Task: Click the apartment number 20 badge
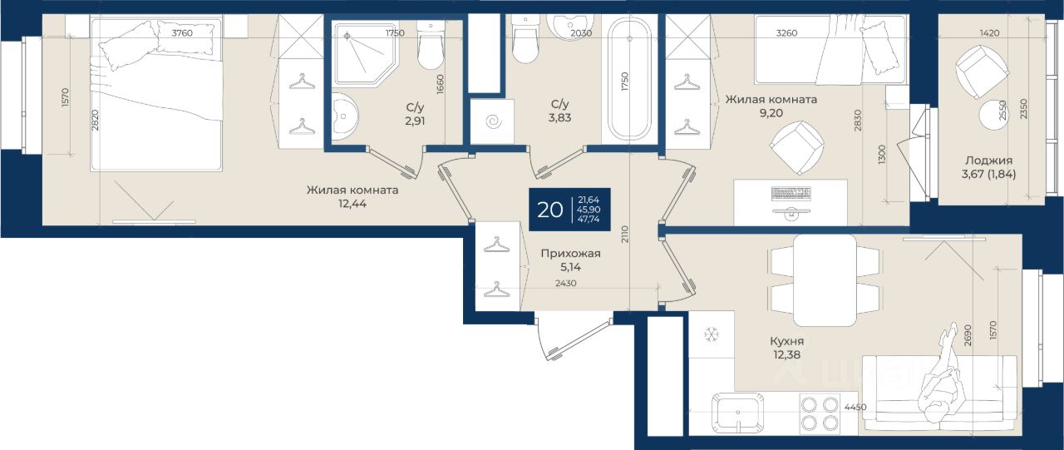(x=569, y=210)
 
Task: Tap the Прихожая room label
(x=570, y=253)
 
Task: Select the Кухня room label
(x=786, y=341)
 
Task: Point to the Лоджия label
(x=988, y=161)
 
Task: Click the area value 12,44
(x=352, y=204)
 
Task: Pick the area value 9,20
(x=771, y=113)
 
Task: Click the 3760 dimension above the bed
(x=182, y=32)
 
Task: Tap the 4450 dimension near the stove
(x=855, y=408)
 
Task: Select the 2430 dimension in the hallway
(x=566, y=283)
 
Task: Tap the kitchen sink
(x=737, y=413)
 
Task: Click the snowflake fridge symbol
(x=712, y=335)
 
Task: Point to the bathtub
(x=630, y=78)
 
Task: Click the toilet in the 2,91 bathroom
(x=431, y=45)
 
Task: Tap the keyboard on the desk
(x=791, y=193)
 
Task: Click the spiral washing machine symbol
(x=494, y=121)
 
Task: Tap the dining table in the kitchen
(x=825, y=280)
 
